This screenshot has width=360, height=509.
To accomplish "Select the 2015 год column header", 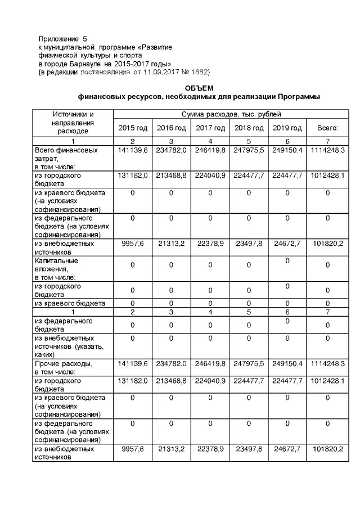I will [133, 128].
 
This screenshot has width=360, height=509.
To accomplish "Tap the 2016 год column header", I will [172, 128].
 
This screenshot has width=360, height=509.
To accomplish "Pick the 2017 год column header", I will [210, 128].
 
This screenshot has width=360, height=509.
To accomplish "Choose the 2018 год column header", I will [249, 128].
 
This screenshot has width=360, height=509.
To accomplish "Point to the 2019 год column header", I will [287, 128].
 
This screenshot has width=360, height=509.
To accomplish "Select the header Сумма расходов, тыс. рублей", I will [230, 115].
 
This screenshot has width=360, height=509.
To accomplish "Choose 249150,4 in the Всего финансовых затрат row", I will [287, 150].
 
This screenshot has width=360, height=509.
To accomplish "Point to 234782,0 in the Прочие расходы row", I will [172, 364].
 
